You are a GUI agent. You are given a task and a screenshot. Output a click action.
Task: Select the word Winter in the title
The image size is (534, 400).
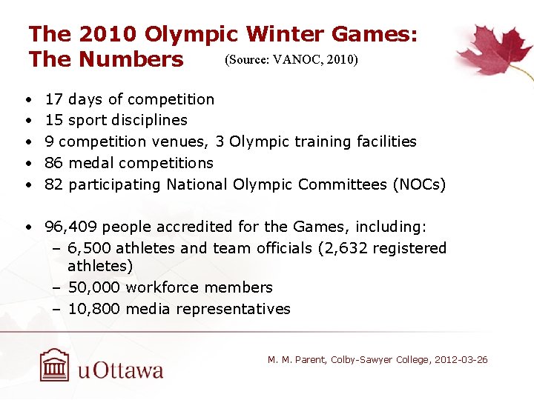point(282,34)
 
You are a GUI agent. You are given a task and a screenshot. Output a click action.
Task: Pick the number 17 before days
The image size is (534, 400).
point(53,99)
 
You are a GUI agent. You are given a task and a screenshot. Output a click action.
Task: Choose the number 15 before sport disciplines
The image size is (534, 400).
point(53,120)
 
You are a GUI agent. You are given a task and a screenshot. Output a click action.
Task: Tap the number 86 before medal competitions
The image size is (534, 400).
point(53,163)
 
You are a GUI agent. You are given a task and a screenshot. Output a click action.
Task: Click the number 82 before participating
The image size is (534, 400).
point(53,184)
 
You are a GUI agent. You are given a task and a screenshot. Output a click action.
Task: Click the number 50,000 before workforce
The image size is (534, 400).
point(94,287)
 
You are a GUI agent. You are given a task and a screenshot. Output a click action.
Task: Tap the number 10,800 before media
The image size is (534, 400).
point(94,309)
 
